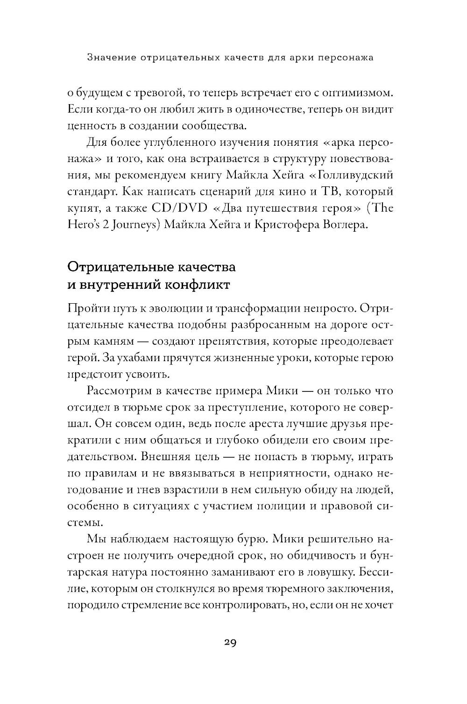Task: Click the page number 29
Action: [230, 642]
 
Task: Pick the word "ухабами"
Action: [139, 358]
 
